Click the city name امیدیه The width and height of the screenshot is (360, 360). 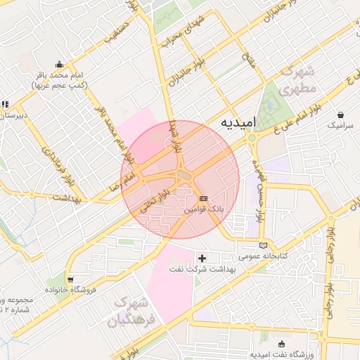(236, 122)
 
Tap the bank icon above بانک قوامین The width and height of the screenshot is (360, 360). (204, 199)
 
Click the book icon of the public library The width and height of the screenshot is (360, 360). (264, 245)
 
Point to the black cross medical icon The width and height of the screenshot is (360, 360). (202, 259)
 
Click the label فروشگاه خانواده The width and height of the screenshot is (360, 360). (70, 290)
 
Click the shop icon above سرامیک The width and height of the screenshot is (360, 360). (341, 115)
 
